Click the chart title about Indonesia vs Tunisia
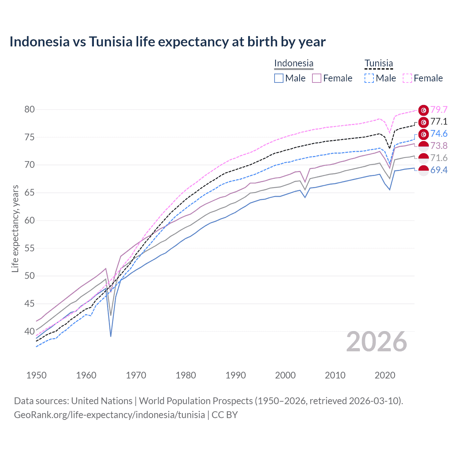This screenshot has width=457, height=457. click(x=167, y=42)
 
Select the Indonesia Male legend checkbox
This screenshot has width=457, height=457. click(x=279, y=78)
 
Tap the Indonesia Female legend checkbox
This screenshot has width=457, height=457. click(x=317, y=78)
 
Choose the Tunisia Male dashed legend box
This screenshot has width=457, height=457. click(x=369, y=78)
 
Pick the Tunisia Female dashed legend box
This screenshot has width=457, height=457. click(x=407, y=78)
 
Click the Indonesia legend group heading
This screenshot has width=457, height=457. click(x=293, y=64)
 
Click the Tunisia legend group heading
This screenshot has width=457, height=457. click(x=378, y=64)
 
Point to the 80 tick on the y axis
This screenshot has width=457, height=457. click(x=30, y=110)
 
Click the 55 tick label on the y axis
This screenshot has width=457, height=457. click(x=30, y=248)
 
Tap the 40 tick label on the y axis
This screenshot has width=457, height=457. click(x=30, y=331)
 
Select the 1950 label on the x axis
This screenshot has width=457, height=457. click(x=36, y=375)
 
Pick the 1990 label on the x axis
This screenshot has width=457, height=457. click(x=236, y=375)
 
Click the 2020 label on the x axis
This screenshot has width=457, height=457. click(x=385, y=375)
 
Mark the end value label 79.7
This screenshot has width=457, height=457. click(x=439, y=110)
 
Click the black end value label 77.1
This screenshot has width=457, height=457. click(x=439, y=122)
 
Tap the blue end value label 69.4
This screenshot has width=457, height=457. click(x=439, y=170)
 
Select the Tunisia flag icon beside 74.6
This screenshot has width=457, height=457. click(x=423, y=134)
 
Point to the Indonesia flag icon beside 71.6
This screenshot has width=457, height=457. click(x=423, y=158)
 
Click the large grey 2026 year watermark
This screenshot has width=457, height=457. click(x=376, y=342)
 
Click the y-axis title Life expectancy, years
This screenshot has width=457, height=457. click(x=15, y=228)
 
